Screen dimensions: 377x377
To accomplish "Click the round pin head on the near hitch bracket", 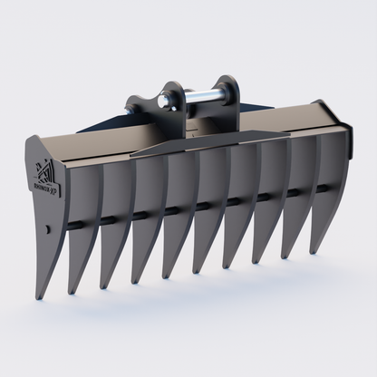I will pyautogui.click(x=167, y=102).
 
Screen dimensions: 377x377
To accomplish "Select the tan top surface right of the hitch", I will pyautogui.click(x=290, y=119).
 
